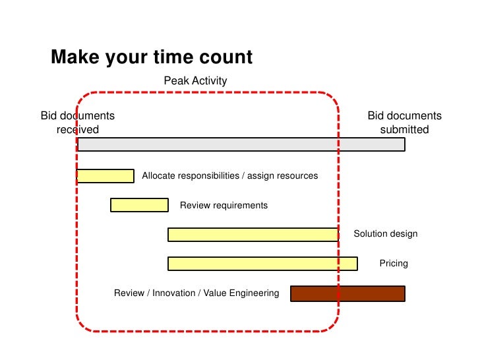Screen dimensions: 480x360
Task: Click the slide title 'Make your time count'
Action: [x=152, y=57]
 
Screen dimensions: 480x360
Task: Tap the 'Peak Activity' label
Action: [x=195, y=81]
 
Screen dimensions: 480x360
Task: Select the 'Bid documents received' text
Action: [x=78, y=123]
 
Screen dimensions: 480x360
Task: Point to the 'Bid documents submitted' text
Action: [x=404, y=123]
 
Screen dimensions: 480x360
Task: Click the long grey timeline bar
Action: [x=241, y=144]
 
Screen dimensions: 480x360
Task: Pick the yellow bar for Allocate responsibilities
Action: [x=105, y=176]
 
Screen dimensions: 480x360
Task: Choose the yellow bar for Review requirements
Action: [x=139, y=205]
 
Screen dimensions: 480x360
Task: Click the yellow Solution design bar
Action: [x=253, y=234]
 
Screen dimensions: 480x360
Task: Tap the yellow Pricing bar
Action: [x=262, y=264]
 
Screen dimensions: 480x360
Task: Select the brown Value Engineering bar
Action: [x=347, y=293]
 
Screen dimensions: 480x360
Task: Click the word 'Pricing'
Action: [x=394, y=264]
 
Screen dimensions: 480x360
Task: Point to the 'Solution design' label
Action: [x=386, y=234]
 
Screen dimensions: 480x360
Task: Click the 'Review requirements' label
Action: [x=224, y=206]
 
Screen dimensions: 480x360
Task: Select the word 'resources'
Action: [x=298, y=176]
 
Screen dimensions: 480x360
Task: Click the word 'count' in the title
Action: [x=225, y=57]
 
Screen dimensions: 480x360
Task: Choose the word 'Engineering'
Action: [x=254, y=293]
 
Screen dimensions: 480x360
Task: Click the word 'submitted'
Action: [x=404, y=130]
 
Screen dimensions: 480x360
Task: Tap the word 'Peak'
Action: [x=175, y=81]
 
